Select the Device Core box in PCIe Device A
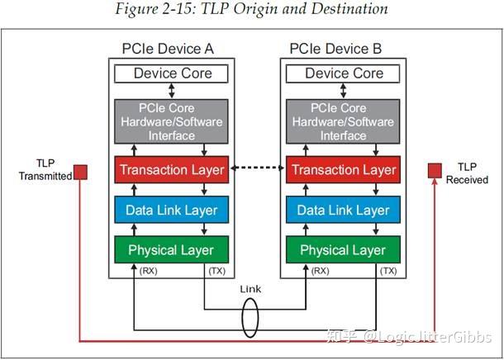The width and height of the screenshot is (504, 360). pos(174,73)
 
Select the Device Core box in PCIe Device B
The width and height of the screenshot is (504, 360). pos(344,73)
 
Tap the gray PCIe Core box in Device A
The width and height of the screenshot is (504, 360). pos(174,121)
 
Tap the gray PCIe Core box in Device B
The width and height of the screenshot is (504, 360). pos(344,121)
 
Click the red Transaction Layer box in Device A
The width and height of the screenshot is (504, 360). pos(174,170)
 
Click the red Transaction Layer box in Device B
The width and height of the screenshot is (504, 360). pos(344,170)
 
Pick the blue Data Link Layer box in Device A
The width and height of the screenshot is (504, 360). pos(174,211)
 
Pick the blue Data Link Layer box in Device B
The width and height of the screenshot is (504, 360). pos(344,211)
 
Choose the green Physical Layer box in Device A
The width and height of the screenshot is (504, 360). pos(174,250)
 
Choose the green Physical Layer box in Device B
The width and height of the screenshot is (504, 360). pos(344,250)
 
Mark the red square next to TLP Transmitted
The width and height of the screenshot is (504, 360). pos(81,172)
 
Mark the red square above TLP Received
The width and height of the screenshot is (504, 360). pos(434,170)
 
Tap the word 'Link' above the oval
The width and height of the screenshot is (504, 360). pos(250,290)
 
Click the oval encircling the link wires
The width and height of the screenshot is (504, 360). pos(250,317)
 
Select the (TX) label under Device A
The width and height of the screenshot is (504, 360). pos(217,271)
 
